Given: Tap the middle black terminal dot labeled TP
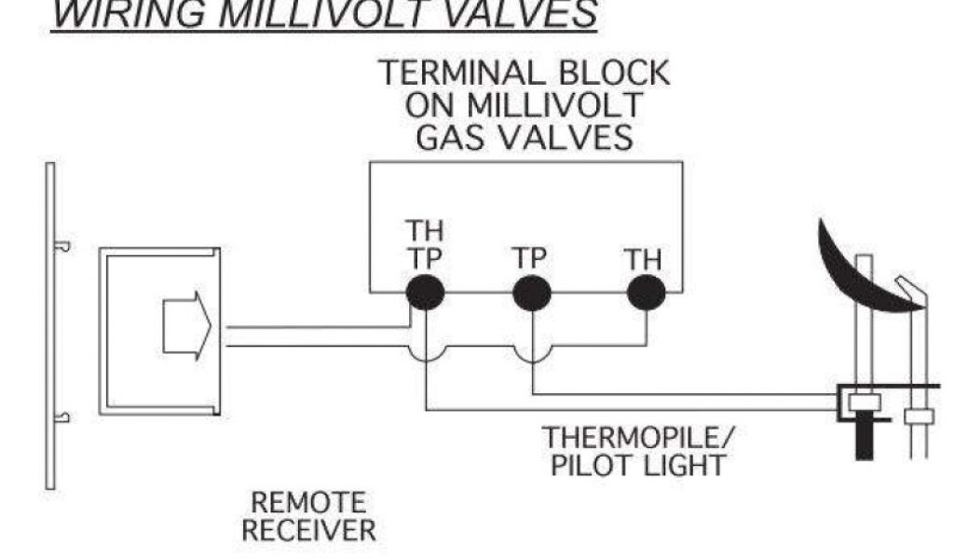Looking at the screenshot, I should pyautogui.click(x=532, y=293).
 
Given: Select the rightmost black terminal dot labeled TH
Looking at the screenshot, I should pyautogui.click(x=646, y=293).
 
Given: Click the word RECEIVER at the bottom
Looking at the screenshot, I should pyautogui.click(x=309, y=532).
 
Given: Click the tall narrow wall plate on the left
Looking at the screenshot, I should pyautogui.click(x=50, y=325).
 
